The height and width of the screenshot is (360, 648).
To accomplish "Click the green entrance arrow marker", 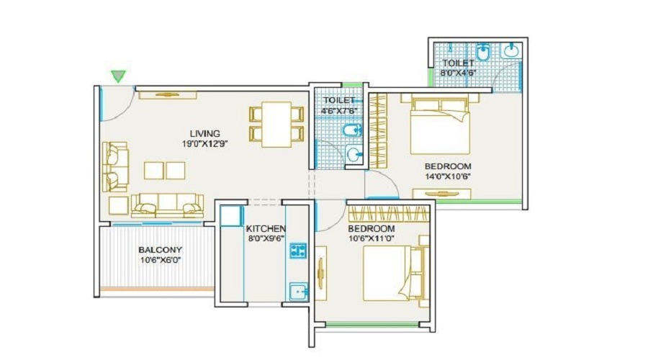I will click(x=118, y=76).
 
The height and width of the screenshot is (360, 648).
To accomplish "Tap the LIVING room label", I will click(x=204, y=133).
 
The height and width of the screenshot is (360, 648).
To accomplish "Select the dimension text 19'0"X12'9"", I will click(x=204, y=143).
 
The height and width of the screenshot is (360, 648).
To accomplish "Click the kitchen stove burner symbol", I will click(x=298, y=251).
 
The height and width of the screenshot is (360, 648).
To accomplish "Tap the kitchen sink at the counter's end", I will click(x=298, y=291).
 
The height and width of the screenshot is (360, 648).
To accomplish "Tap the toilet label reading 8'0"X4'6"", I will click(x=458, y=73).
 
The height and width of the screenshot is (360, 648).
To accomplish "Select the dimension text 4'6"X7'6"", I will click(x=339, y=111).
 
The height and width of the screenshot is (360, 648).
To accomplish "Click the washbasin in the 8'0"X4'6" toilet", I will click(x=511, y=50).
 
